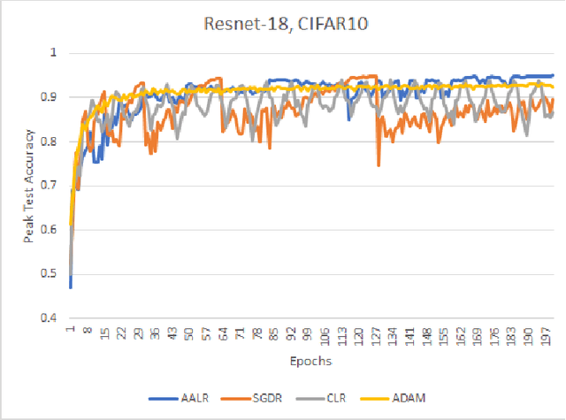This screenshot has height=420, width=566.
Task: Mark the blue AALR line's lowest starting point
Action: (70, 287)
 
